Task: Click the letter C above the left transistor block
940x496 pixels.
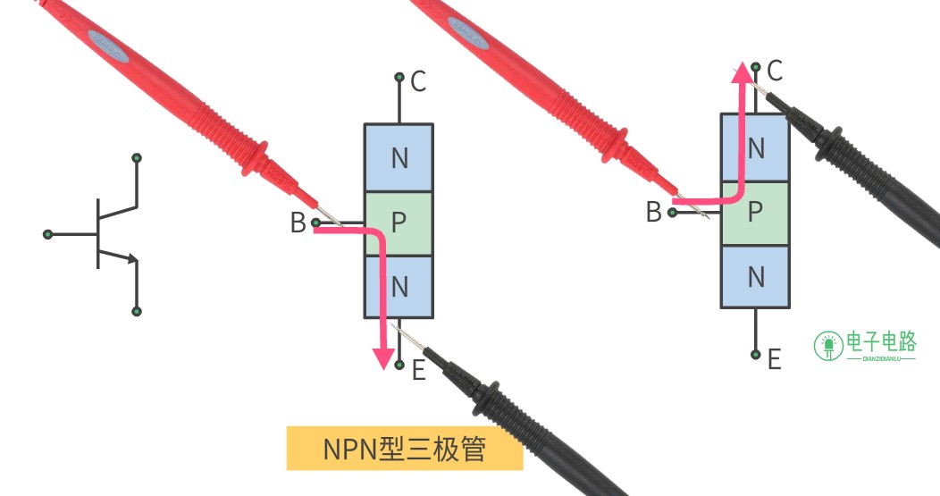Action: (x=418, y=81)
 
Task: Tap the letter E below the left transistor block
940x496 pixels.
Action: (x=418, y=370)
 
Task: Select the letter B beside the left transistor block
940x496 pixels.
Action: (x=298, y=223)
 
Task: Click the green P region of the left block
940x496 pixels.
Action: (x=399, y=223)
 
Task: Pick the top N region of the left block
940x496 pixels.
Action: (x=399, y=157)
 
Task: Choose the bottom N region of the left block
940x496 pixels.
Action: (x=399, y=286)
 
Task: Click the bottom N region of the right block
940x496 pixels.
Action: (x=755, y=276)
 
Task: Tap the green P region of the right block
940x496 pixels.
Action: (x=755, y=213)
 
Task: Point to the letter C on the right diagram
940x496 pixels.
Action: (x=775, y=71)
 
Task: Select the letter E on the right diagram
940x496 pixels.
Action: (x=775, y=360)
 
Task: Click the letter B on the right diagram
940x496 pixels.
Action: (x=653, y=213)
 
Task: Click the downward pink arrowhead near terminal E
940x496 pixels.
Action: (x=383, y=358)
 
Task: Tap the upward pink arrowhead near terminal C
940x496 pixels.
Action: (x=743, y=72)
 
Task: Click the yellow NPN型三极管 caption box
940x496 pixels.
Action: (x=405, y=448)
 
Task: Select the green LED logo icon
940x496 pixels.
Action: (x=828, y=346)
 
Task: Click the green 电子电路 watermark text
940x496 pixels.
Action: (x=881, y=342)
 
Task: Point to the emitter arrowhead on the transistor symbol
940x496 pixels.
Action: (x=132, y=258)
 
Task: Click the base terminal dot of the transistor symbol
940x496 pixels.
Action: (x=48, y=234)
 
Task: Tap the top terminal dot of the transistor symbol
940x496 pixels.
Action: (x=137, y=158)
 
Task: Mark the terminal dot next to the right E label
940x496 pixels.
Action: (x=755, y=355)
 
